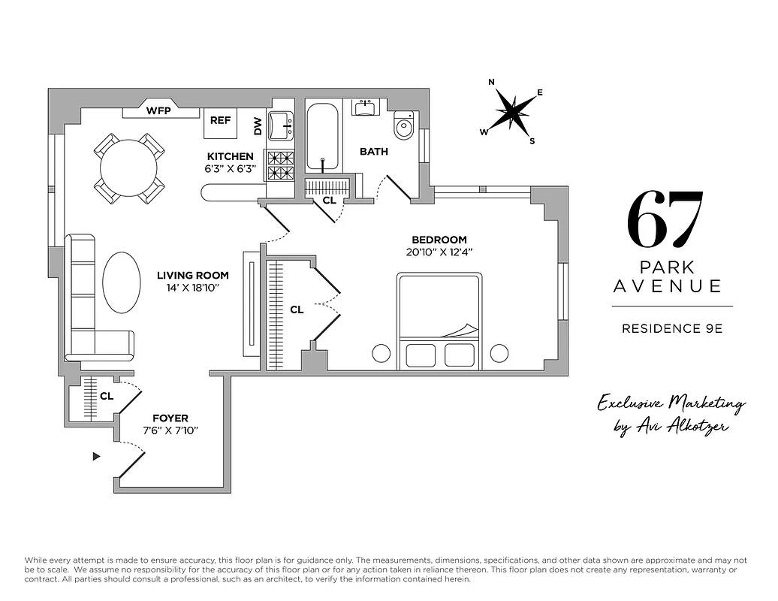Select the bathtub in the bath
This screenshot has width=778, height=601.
pyautogui.click(x=323, y=137)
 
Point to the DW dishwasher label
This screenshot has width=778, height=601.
pyautogui.click(x=258, y=126)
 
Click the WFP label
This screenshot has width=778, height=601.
pyautogui.click(x=158, y=111)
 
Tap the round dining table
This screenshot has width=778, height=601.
pyautogui.click(x=129, y=168)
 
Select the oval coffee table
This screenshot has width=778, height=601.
pyautogui.click(x=121, y=282)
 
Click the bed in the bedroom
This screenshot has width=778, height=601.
pyautogui.click(x=439, y=322)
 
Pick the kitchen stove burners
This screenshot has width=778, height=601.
pyautogui.click(x=281, y=165)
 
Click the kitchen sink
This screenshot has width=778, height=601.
pyautogui.click(x=281, y=125)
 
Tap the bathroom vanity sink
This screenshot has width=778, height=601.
pyautogui.click(x=366, y=107)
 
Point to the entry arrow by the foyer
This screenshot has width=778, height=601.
pyautogui.click(x=96, y=456)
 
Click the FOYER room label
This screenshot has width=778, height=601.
pyautogui.click(x=170, y=418)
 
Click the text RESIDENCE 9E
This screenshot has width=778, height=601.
pyautogui.click(x=672, y=328)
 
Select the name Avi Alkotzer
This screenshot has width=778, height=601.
pyautogui.click(x=680, y=427)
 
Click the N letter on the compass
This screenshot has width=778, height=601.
pyautogui.click(x=491, y=83)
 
